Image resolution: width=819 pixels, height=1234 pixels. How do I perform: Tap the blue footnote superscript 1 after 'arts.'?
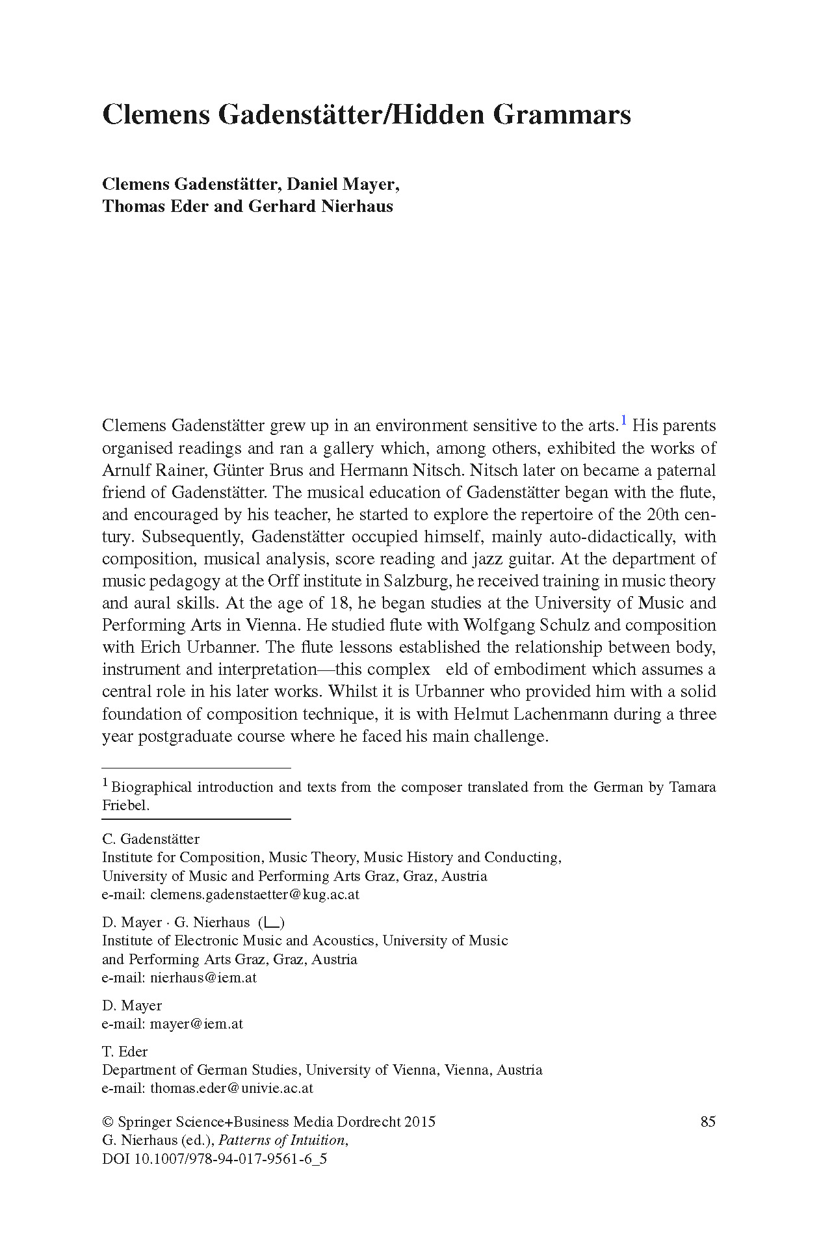tap(624, 421)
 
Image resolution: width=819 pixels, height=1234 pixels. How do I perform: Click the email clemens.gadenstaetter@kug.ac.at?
tap(254, 894)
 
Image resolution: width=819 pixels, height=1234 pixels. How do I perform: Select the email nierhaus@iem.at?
tap(203, 977)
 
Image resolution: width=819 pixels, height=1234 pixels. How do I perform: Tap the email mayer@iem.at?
tap(196, 1023)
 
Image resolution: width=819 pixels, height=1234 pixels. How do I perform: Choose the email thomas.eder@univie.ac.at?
tap(231, 1088)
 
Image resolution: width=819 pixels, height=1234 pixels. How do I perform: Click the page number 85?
tap(708, 1122)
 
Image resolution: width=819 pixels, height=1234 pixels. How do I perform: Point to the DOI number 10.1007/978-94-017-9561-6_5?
tap(230, 1159)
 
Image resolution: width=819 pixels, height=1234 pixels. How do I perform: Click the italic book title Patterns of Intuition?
tap(283, 1140)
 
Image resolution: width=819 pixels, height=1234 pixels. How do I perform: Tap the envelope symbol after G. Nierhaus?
tap(272, 922)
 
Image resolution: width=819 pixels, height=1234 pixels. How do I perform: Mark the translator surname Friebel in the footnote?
tap(125, 805)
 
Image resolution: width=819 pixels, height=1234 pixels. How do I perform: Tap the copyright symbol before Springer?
tap(108, 1122)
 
